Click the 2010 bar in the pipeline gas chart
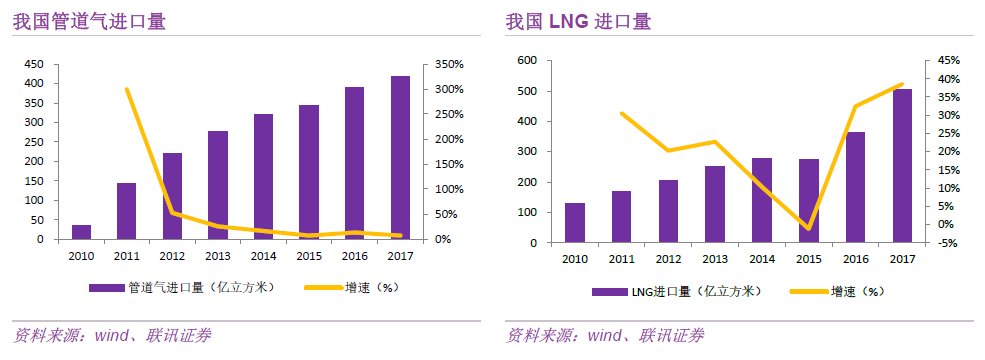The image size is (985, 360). click(x=81, y=232)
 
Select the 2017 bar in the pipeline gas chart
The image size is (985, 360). click(x=400, y=158)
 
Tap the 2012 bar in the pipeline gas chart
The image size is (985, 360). click(x=172, y=196)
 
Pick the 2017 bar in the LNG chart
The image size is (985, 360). click(x=902, y=166)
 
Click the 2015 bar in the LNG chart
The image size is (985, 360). click(x=808, y=201)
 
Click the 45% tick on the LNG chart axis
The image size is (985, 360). click(x=949, y=61)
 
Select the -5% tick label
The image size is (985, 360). click(x=949, y=243)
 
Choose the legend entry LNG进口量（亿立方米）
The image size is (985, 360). click(x=689, y=292)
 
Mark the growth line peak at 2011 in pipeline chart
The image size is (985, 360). click(x=127, y=89)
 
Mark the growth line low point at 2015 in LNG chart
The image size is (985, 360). click(x=808, y=229)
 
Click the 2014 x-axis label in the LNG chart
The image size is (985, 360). click(x=761, y=259)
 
